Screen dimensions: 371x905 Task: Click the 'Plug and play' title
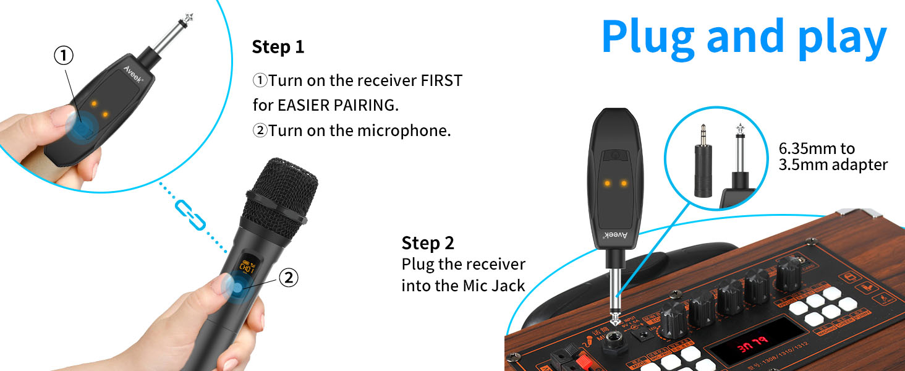pyautogui.click(x=744, y=37)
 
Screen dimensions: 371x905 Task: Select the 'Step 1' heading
pyautogui.click(x=278, y=47)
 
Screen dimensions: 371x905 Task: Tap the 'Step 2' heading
pyautogui.click(x=428, y=242)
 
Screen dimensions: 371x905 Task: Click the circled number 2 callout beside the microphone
pyautogui.click(x=288, y=278)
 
